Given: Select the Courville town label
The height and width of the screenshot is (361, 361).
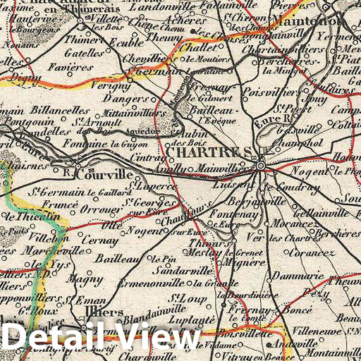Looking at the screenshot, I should (x=104, y=173).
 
